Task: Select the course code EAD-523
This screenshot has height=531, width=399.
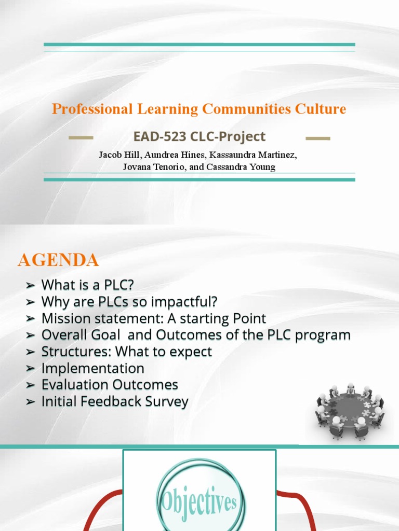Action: click(155, 137)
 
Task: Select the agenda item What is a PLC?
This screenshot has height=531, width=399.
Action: click(91, 285)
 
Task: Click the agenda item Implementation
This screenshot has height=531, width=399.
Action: click(93, 368)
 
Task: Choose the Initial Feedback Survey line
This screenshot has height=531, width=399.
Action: click(115, 401)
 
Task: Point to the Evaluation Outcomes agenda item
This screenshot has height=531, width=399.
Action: click(110, 385)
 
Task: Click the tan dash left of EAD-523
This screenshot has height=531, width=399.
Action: click(82, 138)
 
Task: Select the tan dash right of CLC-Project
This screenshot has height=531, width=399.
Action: click(318, 138)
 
